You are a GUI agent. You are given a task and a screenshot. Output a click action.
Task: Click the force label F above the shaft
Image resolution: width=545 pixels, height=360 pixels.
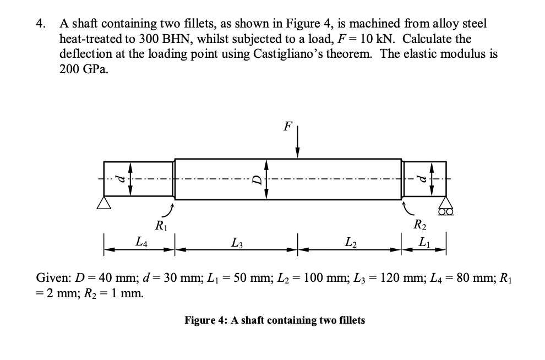[287, 126]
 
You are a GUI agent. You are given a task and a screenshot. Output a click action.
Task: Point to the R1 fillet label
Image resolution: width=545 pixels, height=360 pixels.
[160, 225]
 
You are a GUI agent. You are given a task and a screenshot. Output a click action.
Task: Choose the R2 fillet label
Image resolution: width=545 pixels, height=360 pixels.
[420, 225]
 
